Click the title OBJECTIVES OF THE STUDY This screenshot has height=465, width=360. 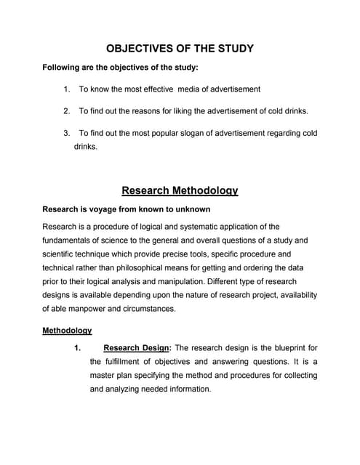point(180,49)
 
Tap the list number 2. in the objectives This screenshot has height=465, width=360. point(66,111)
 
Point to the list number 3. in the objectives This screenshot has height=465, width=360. point(66,133)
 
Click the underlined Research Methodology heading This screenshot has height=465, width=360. point(180,191)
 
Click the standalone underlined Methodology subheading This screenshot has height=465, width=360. point(67,331)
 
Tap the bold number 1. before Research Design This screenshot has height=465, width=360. point(77,348)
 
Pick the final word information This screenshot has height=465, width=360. point(182,389)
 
